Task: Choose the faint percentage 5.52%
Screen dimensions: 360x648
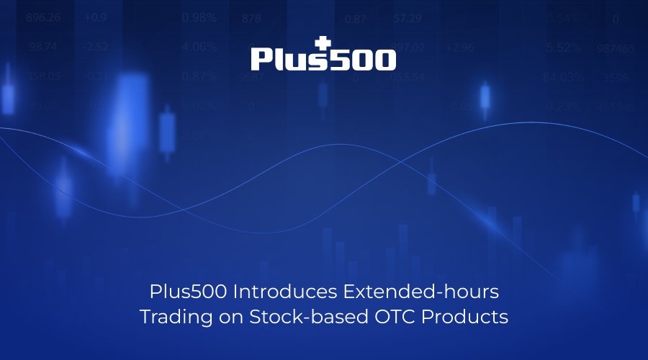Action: pos(563,48)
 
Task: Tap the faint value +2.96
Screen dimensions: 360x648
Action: pos(459,48)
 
